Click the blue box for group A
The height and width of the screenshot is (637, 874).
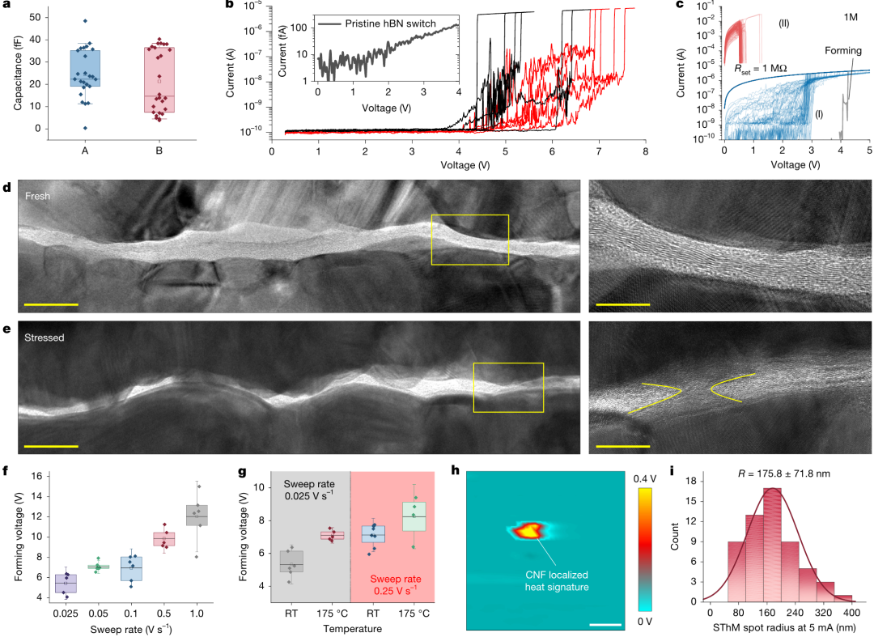tap(85, 68)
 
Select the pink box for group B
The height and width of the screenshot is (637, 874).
tap(159, 79)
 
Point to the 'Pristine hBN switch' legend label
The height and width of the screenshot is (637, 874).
tap(390, 23)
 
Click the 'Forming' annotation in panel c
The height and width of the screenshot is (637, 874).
tap(842, 51)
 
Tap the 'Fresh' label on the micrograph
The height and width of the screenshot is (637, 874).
tap(37, 196)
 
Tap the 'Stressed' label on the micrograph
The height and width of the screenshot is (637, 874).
tap(44, 338)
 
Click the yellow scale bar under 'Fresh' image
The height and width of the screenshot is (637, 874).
tap(51, 305)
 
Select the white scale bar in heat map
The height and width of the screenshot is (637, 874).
tap(605, 624)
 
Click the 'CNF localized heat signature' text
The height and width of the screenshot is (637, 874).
tap(557, 580)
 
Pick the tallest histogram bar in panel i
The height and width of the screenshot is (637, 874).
tap(772, 545)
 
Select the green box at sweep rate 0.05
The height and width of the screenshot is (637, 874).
tap(98, 567)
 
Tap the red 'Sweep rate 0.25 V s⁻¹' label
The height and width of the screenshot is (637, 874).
tap(395, 584)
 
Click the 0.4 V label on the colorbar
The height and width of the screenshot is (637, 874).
tap(645, 478)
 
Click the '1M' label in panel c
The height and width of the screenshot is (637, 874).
tap(850, 17)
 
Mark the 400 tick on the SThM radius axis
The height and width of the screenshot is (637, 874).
tap(851, 613)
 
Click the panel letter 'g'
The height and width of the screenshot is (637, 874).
tap(243, 472)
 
